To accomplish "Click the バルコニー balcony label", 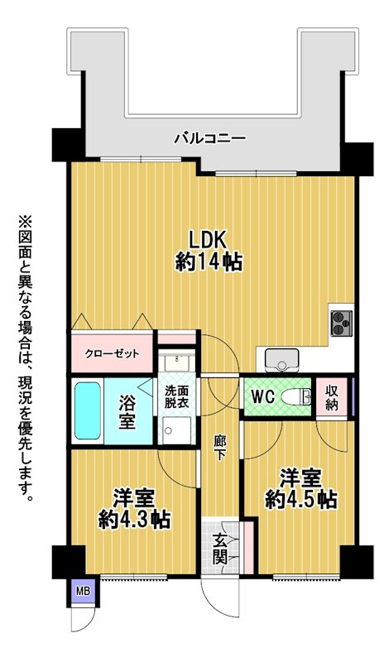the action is click(210, 138).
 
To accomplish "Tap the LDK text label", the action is click(209, 241).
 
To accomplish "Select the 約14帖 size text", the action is click(209, 262).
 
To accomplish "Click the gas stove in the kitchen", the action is click(342, 324).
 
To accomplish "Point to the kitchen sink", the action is click(281, 361).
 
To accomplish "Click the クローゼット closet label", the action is click(112, 353).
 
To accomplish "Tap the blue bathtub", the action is click(88, 410).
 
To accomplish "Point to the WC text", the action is click(263, 396).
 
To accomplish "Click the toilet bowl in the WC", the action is click(295, 397).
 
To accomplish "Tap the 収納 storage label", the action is click(332, 397).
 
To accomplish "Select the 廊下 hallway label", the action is click(219, 449).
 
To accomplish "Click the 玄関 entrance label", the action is click(220, 548).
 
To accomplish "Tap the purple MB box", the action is click(84, 591).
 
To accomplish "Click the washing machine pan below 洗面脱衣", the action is click(177, 430).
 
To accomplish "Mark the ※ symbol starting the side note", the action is click(25, 222).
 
